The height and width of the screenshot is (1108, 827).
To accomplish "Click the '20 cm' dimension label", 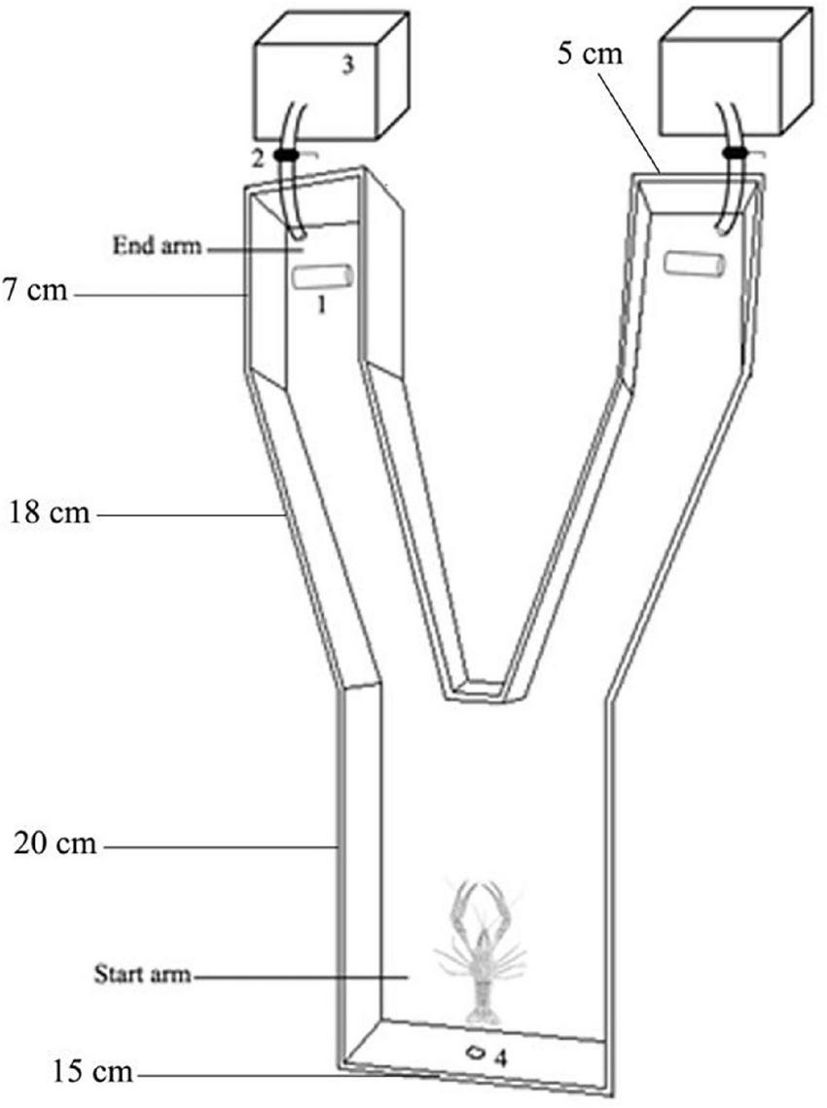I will (x=55, y=844).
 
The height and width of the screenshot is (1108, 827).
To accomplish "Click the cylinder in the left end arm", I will (x=320, y=277).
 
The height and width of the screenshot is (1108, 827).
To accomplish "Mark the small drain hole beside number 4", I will (x=477, y=1052).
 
